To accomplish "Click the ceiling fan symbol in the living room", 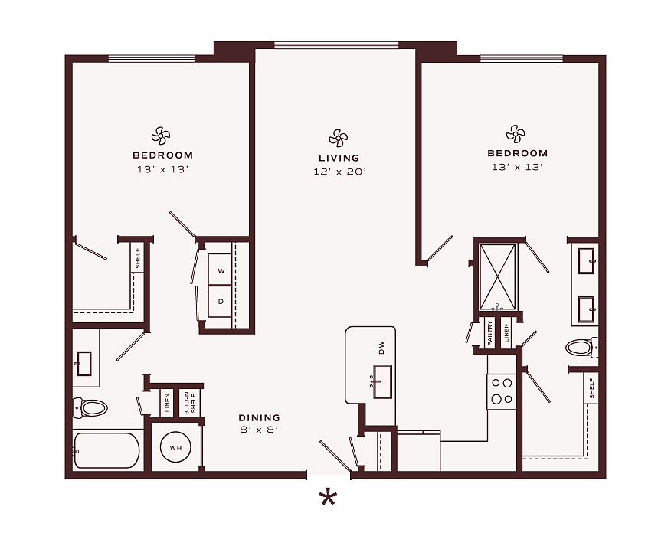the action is point(338,138).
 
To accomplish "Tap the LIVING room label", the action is point(339,158).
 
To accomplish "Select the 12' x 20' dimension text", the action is point(340,172).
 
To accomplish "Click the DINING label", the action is point(260,417).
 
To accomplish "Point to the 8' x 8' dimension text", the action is point(260,430).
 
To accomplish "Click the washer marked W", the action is point(221,270).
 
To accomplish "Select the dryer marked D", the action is point(221,301).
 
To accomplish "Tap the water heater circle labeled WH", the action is point(176,448).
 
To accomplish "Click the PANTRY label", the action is point(490,334).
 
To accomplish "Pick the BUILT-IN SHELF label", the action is point(190,403).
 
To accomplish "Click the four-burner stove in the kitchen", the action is point(502,391).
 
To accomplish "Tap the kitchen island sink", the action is point(382,381).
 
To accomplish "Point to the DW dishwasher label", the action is point(381,347).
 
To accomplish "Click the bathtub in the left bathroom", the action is point(106,450).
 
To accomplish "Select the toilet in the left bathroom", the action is point(90,407).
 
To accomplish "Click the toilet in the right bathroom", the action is point(582,348).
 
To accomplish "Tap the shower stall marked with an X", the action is point(497,276).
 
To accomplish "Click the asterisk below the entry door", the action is point(328,499).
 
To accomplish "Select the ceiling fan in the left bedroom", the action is point(161,136).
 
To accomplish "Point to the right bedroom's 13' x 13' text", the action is point(517,167).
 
